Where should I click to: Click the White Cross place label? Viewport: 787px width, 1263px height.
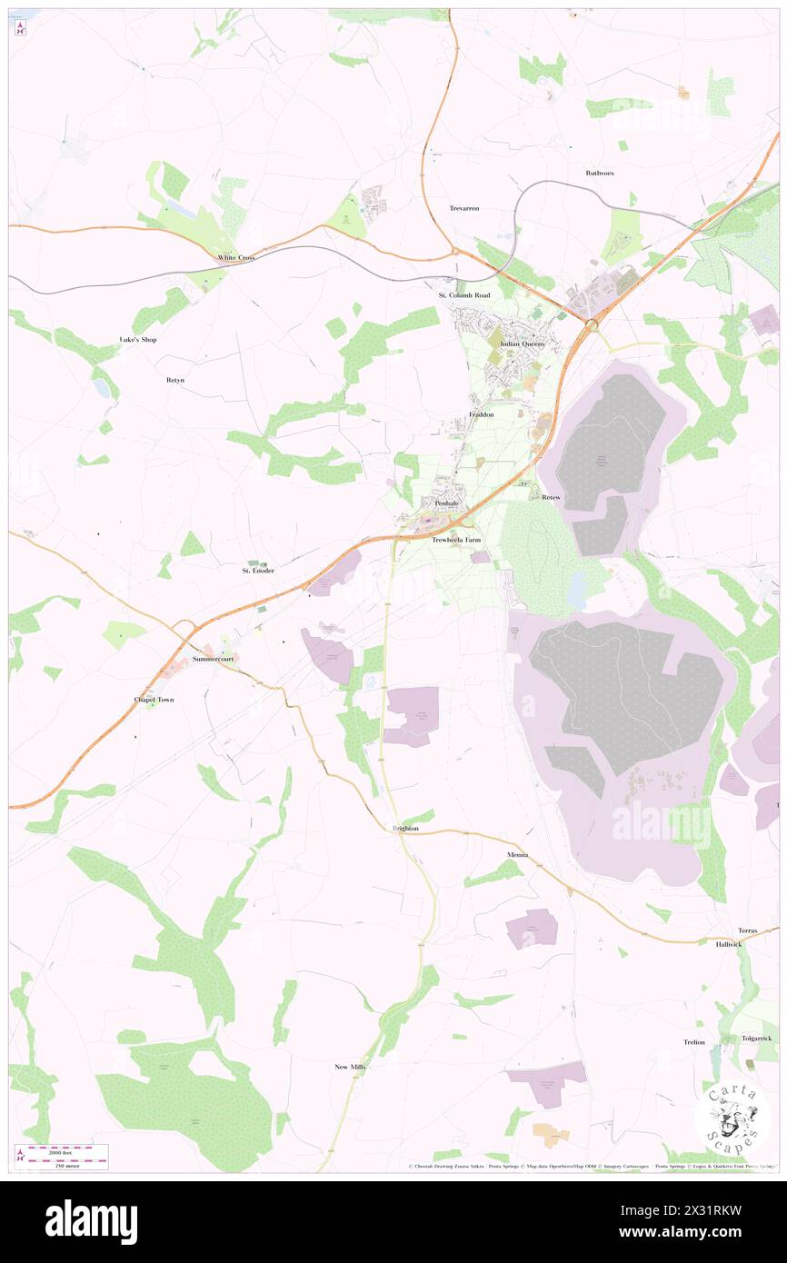click(235, 258)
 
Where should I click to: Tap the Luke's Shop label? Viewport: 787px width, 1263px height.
click(138, 340)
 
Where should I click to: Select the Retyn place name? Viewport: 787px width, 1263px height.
click(174, 380)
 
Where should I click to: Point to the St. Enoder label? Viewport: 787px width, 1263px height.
click(257, 571)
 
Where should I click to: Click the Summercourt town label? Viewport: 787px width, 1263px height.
click(213, 659)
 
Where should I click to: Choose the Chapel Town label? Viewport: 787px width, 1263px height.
click(154, 700)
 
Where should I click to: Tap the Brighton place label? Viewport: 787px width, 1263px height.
click(405, 829)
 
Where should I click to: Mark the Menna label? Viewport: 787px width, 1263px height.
click(517, 856)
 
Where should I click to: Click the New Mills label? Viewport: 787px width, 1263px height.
click(350, 1067)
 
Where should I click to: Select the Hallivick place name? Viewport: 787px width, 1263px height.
click(728, 944)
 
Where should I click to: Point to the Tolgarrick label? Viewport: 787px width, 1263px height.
click(756, 1038)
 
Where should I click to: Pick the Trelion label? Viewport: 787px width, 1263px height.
click(694, 1042)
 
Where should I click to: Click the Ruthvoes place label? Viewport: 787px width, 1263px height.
click(600, 173)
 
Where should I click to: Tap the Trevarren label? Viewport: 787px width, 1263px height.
click(463, 208)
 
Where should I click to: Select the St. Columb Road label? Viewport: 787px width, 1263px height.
click(464, 295)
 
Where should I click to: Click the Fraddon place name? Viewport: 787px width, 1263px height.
click(481, 414)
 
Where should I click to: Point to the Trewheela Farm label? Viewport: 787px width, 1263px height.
click(454, 540)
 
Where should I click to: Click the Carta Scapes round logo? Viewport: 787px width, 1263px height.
click(732, 1119)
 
